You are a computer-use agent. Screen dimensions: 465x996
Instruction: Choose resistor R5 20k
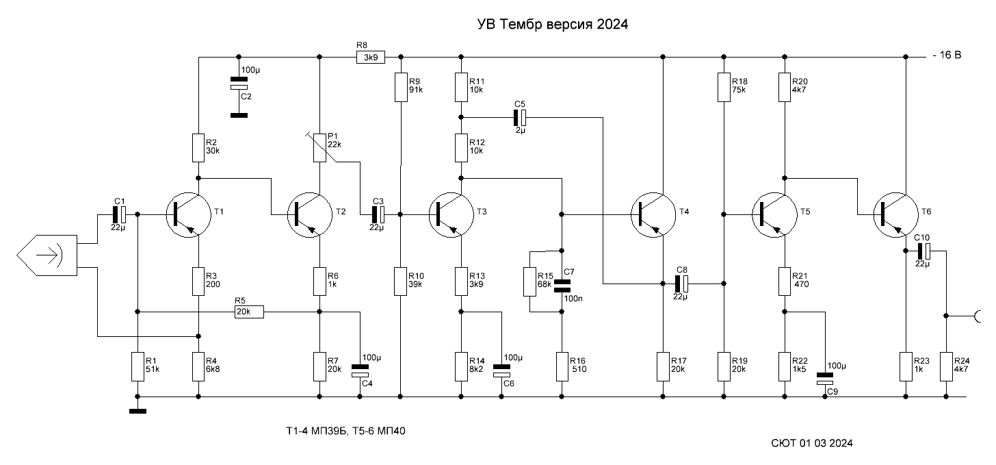[x=248, y=312]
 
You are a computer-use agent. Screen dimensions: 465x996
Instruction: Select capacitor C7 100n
[x=562, y=282]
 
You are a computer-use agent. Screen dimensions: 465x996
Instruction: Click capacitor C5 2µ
[x=520, y=117]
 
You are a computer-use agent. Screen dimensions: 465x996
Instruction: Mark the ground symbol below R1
[x=137, y=411]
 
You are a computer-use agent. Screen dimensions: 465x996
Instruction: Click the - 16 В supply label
[x=946, y=56]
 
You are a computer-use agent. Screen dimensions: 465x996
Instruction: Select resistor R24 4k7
[x=947, y=366]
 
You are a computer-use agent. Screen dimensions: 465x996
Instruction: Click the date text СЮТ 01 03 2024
[x=811, y=444]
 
